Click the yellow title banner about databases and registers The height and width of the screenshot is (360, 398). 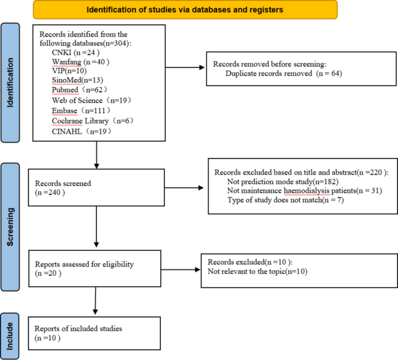(185, 10)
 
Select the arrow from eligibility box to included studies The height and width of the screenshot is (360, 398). (95, 301)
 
